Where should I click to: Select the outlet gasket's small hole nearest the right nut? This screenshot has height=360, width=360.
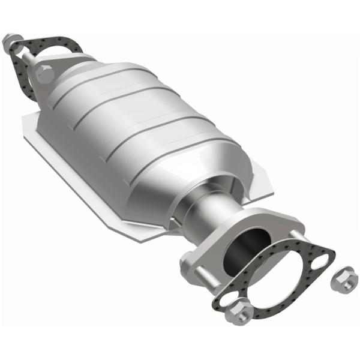tap(322, 260)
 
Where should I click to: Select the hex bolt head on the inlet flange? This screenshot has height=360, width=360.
tap(45, 74)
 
